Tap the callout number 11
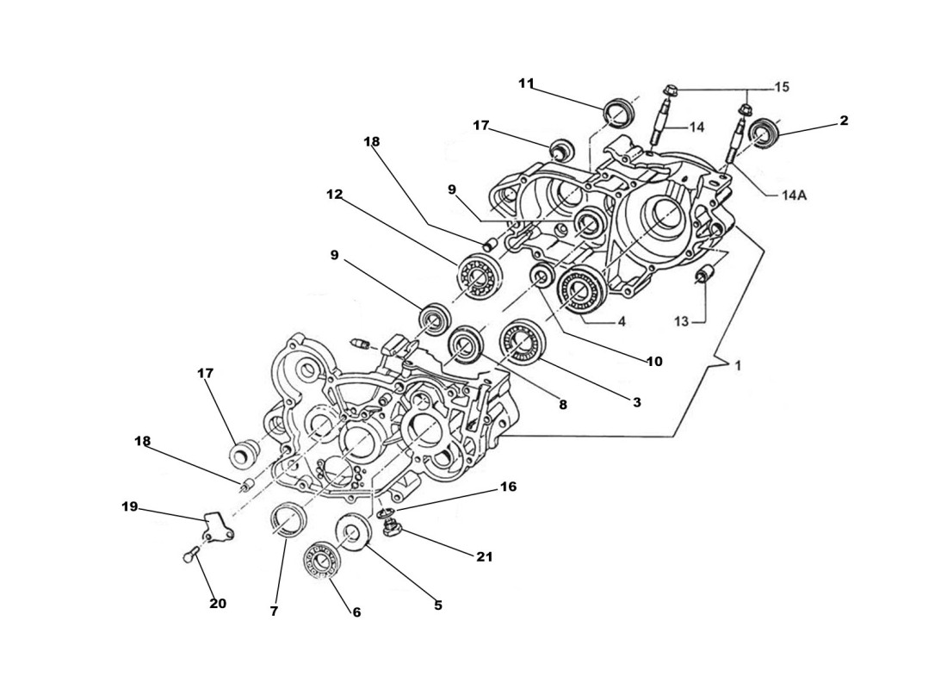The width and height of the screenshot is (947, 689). [526, 84]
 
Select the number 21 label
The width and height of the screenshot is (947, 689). [485, 557]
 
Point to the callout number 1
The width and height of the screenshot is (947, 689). [738, 365]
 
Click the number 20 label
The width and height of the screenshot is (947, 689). [218, 604]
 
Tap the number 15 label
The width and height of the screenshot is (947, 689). [782, 87]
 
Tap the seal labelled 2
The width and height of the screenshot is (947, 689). [761, 133]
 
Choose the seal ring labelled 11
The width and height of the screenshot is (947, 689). [616, 113]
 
